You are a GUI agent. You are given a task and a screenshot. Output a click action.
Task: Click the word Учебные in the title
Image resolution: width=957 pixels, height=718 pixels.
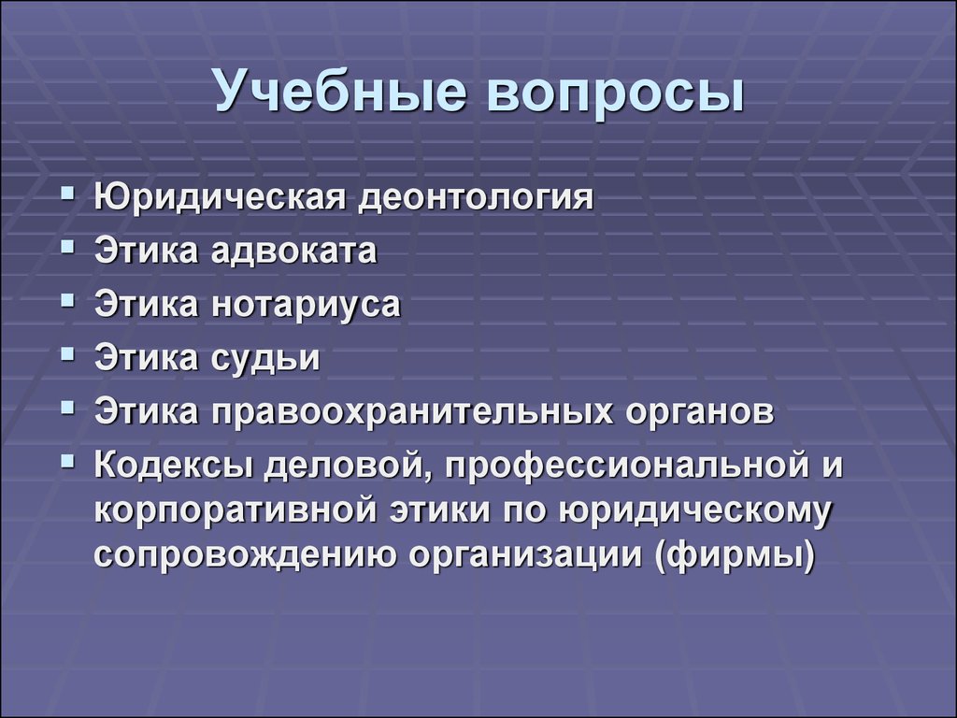[340, 91]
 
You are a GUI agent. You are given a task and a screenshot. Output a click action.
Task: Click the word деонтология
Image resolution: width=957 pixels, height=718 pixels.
[476, 198]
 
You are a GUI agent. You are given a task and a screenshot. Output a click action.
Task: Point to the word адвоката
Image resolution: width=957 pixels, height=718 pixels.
[294, 251]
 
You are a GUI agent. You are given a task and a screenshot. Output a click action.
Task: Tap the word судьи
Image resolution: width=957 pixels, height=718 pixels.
[265, 358]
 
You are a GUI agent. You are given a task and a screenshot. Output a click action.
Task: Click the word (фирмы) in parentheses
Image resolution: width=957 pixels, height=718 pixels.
[735, 555]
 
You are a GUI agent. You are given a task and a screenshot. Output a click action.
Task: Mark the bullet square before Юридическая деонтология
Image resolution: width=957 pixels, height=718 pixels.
[68, 194]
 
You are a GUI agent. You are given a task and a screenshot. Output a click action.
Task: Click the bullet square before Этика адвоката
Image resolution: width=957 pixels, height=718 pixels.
[68, 247]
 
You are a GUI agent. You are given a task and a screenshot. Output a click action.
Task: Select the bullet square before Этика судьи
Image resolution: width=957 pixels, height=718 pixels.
[68, 354]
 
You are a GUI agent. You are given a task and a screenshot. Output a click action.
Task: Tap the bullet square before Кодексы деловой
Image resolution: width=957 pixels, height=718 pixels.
[68, 461]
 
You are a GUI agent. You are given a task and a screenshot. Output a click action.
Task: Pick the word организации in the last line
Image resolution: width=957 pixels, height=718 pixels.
[525, 556]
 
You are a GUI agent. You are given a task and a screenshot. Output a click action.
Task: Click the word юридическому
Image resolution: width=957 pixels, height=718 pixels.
[694, 511]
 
